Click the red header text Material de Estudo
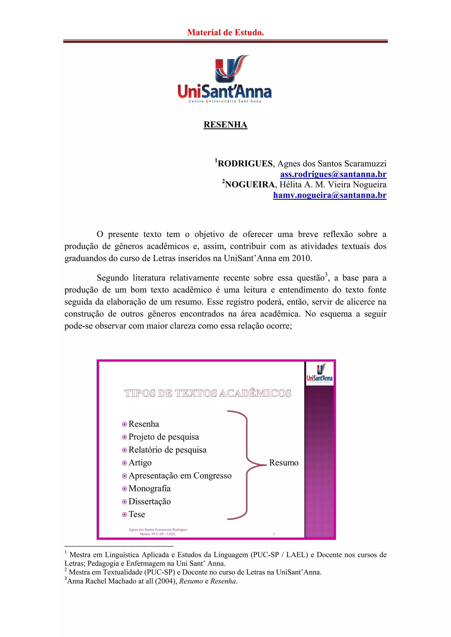pos(225,33)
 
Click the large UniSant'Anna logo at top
pos(225,79)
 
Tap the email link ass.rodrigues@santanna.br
pos(333,174)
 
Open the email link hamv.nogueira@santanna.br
pos(330,195)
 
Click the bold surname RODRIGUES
pos(245,164)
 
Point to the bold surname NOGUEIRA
pos(250,185)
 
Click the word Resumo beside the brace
pos(284,463)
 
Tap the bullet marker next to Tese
pos(124,515)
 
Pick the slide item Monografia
pos(149,489)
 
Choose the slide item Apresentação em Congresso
pos(180,476)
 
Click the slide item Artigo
pos(140,463)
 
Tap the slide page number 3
pos(274,534)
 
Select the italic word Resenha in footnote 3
pos(223,581)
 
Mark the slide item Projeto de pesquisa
pos(164,437)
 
